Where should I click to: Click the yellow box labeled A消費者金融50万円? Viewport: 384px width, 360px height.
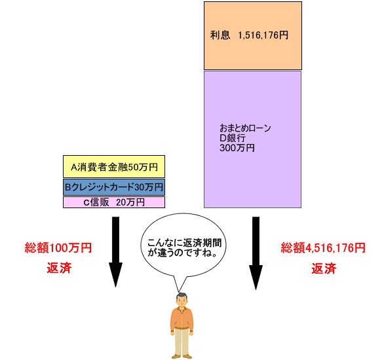[114, 166]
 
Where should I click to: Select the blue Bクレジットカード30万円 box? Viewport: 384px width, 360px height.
[114, 187]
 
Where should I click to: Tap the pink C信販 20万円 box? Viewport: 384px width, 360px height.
[114, 202]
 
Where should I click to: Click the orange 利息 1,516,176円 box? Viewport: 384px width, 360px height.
[253, 36]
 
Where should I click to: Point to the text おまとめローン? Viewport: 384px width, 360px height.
[245, 128]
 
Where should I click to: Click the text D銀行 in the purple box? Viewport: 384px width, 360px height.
[233, 138]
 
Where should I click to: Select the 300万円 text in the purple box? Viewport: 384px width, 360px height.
[237, 148]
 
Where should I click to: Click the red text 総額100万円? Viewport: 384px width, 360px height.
[58, 247]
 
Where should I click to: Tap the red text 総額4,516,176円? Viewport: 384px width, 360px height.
[323, 247]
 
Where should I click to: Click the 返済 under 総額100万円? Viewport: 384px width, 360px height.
[59, 268]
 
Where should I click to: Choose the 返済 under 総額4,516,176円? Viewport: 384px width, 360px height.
[324, 268]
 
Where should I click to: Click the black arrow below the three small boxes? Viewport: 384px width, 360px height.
[115, 252]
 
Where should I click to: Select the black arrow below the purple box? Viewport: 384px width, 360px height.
[256, 253]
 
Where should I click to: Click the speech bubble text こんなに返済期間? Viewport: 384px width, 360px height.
[184, 243]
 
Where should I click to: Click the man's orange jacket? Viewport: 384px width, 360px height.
[182, 319]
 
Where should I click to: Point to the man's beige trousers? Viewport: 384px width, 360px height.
[182, 342]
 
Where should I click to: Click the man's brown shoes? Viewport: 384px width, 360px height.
[182, 356]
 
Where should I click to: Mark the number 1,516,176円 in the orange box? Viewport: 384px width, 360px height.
[263, 35]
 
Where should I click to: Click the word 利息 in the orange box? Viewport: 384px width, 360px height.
[220, 35]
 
